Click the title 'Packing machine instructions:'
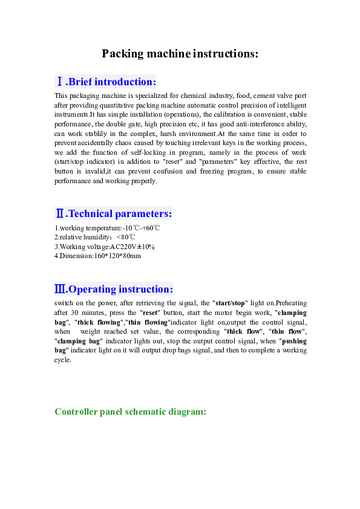(x=180, y=54)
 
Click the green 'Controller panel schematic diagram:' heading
(x=131, y=412)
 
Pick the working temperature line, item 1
(x=107, y=228)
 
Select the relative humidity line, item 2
(x=95, y=237)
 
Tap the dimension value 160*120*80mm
(x=117, y=256)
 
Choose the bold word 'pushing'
(x=294, y=341)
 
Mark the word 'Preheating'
(x=291, y=303)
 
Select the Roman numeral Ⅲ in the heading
(x=60, y=289)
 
